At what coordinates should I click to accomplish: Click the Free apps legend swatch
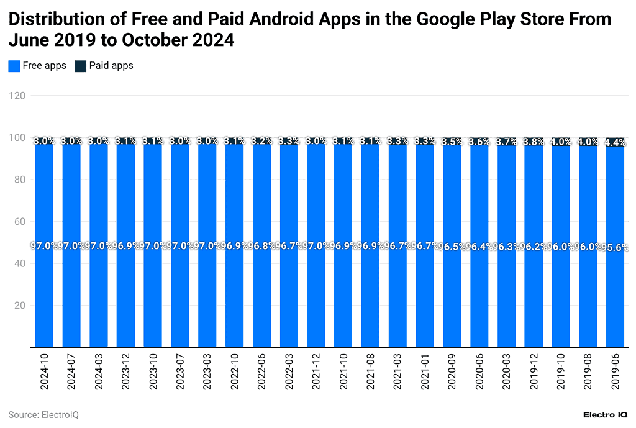[14, 66]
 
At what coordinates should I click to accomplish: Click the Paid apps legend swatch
[80, 66]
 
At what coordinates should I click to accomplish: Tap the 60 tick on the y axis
[19, 222]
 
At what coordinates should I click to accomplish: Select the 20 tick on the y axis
[19, 306]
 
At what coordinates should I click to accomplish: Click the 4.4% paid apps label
[615, 142]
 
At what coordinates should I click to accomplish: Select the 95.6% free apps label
[615, 247]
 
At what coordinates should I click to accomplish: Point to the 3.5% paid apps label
[452, 142]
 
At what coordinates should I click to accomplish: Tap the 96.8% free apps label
[261, 246]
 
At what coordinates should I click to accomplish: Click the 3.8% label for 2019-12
[534, 141]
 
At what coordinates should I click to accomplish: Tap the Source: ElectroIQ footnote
[43, 414]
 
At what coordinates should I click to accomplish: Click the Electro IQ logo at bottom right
[606, 414]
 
